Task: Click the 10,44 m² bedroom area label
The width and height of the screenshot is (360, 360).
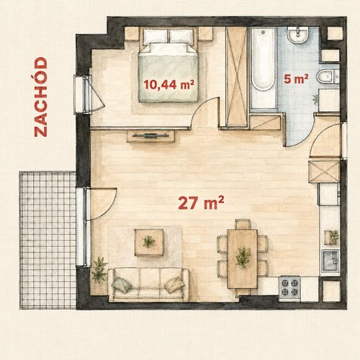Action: coord(169,84)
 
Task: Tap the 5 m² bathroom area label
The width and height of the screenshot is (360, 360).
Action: coord(296,78)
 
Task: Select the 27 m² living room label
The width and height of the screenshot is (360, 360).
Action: coord(201,203)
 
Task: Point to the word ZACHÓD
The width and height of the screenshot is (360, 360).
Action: coord(40,97)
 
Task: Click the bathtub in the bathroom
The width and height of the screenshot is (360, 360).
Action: coord(264,70)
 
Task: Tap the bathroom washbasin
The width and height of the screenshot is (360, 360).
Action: coord(298,35)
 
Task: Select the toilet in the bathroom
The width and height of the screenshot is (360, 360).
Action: coord(328,76)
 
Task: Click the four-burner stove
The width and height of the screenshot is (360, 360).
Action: coord(289,287)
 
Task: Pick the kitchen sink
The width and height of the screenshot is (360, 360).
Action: coord(330,261)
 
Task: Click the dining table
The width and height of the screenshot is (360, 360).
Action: coord(243,258)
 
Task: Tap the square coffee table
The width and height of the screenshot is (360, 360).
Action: coord(149,243)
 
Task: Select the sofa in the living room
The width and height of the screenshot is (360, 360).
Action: coord(148,284)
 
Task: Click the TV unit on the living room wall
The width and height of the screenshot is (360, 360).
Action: coord(150,136)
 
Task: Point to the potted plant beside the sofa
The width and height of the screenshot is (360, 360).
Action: coord(99,270)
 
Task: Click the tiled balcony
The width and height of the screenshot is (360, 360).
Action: coord(48,240)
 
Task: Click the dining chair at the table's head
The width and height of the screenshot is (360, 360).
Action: coord(243,224)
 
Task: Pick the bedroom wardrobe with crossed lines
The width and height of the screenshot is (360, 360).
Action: coord(237,76)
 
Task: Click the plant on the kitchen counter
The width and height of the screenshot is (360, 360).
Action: coord(332,237)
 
